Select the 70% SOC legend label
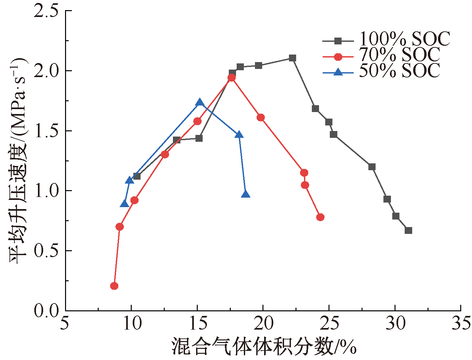point(399,55)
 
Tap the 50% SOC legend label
point(399,71)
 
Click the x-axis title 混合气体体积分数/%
point(264,347)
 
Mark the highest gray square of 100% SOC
point(293,58)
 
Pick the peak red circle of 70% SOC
point(231,78)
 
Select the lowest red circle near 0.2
point(114,286)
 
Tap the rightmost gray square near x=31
point(408,231)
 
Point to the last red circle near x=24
point(320,217)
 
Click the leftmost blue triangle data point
point(125,204)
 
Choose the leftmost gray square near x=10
point(137,176)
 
